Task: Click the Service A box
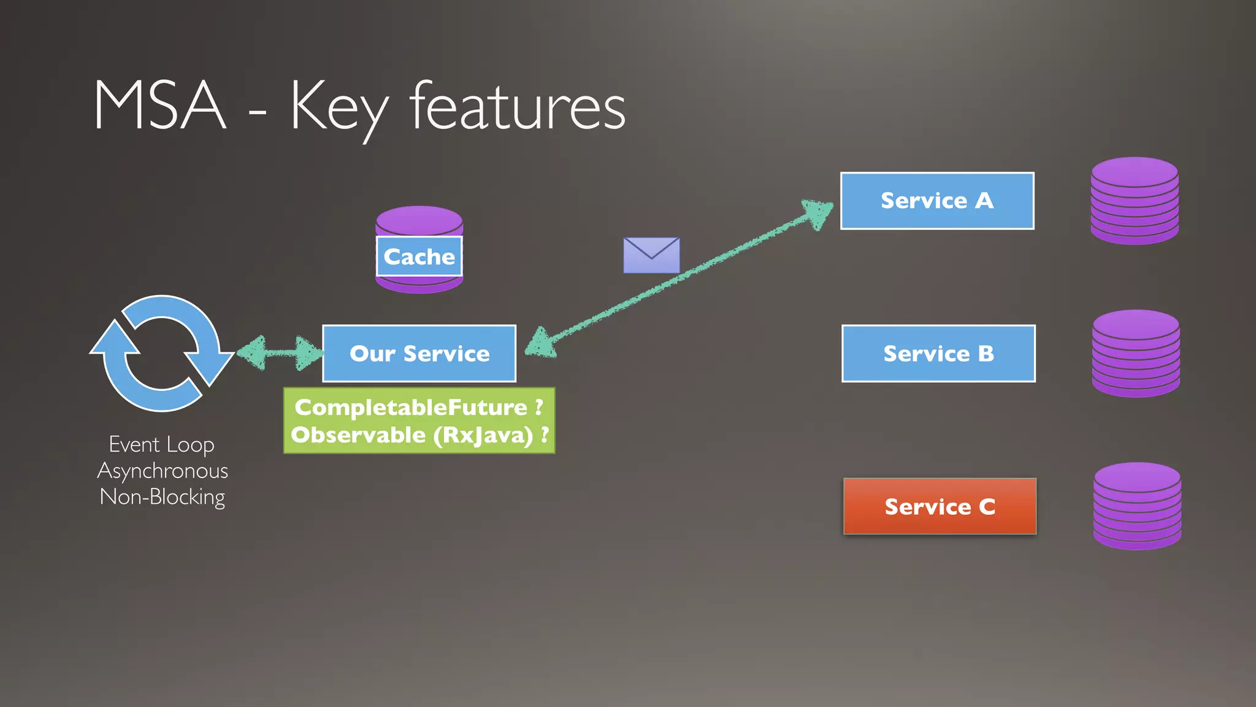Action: pyautogui.click(x=937, y=201)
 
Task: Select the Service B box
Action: pyautogui.click(x=938, y=353)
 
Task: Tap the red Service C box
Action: pyautogui.click(x=940, y=506)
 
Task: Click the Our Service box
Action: pyautogui.click(x=419, y=353)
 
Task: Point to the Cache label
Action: pyautogui.click(x=419, y=257)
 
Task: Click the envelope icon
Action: pyautogui.click(x=651, y=255)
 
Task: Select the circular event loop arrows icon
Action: pyautogui.click(x=161, y=353)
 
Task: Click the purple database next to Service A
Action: pyautogui.click(x=1135, y=201)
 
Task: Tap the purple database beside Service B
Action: pyautogui.click(x=1136, y=353)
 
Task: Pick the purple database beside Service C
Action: pyautogui.click(x=1137, y=506)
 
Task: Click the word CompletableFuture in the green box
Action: pyautogui.click(x=411, y=407)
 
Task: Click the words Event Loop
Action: pyautogui.click(x=162, y=444)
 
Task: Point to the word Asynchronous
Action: pyautogui.click(x=163, y=471)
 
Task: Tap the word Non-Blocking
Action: pyautogui.click(x=163, y=496)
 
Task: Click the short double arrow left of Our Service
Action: pyautogui.click(x=279, y=353)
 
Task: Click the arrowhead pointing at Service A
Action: pyautogui.click(x=818, y=212)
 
